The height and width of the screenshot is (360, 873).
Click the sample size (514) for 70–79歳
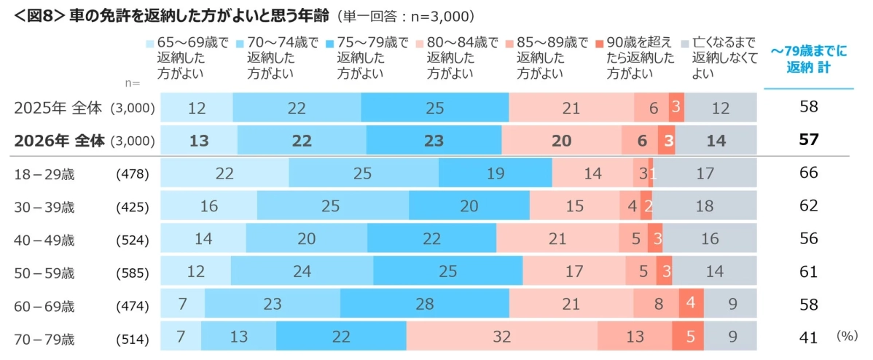coord(133,339)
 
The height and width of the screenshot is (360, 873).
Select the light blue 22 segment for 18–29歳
coord(224,173)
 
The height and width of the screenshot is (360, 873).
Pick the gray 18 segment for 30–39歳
coord(705,206)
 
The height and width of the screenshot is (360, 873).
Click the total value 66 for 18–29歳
coord(808,173)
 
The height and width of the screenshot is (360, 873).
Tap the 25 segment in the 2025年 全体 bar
coord(434,108)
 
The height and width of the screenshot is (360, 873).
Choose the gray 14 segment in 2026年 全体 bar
coord(716,141)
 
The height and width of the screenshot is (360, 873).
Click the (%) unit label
coord(847,336)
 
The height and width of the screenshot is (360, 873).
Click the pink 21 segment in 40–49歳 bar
coord(557,239)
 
